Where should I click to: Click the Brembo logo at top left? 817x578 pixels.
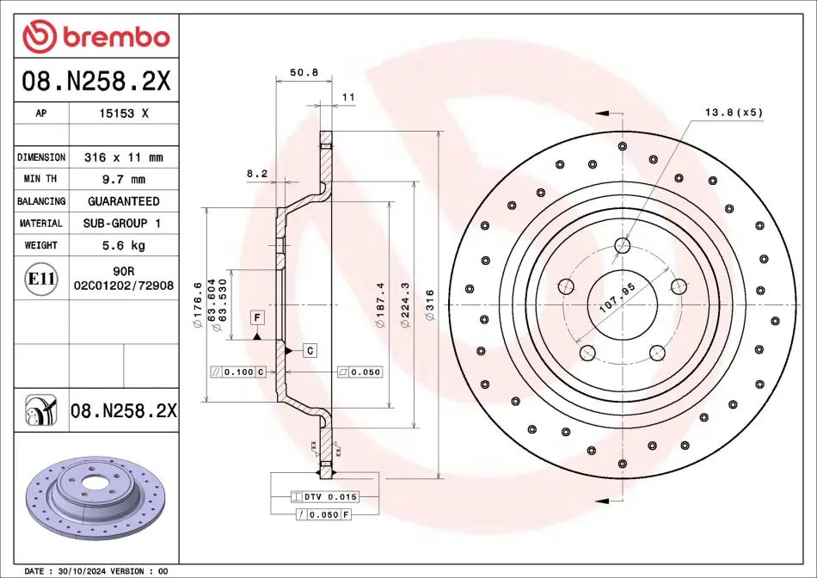click(96, 36)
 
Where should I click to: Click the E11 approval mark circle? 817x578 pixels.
click(40, 279)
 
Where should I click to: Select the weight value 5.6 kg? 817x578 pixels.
click(124, 245)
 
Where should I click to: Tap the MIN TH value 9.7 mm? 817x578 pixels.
click(124, 179)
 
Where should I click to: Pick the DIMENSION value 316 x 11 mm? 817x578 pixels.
click(124, 157)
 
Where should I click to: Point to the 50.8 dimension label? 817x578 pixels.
click(304, 72)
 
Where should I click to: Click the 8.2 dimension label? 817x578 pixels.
click(257, 174)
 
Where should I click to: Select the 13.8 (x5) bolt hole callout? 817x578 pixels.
click(734, 112)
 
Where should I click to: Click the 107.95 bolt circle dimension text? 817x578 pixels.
click(617, 298)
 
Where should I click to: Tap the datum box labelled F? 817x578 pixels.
click(257, 317)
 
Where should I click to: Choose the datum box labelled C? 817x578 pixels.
click(310, 351)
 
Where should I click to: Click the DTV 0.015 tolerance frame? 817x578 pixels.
click(325, 496)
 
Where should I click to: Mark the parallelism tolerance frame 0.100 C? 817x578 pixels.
click(238, 372)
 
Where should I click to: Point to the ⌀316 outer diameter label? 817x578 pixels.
click(430, 305)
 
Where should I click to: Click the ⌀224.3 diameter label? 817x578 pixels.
click(405, 304)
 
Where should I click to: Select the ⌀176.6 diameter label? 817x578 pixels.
click(198, 304)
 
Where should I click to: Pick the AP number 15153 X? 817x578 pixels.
click(124, 113)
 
